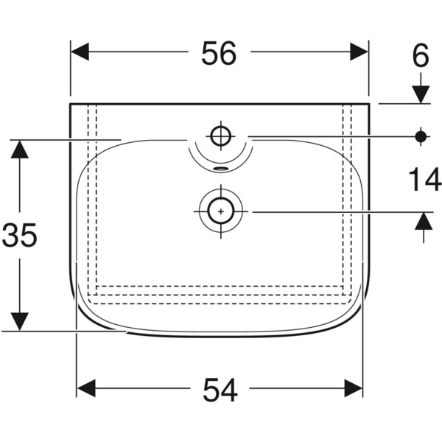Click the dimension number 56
pos(219,53)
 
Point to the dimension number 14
pos(422,179)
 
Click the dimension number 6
pos(421,57)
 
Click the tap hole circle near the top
pos(220,136)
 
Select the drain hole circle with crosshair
pos(220,211)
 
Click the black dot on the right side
pos(421,136)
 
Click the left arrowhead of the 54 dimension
pos(87,387)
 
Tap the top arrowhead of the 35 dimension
pos(20,148)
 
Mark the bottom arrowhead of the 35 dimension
pos(20,321)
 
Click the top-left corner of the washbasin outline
pos(70,104)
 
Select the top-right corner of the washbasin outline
pos(368,104)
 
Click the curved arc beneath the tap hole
pos(220,161)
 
